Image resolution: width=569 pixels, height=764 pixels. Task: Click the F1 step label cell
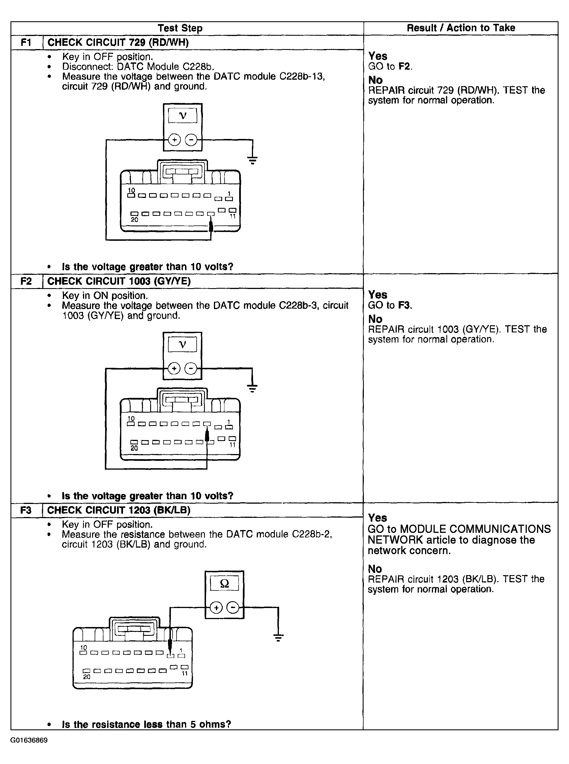(x=26, y=42)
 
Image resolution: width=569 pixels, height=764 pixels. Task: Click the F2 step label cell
(x=26, y=281)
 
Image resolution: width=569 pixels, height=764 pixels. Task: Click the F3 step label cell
(x=26, y=510)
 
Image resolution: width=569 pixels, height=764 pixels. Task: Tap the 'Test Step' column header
(x=180, y=28)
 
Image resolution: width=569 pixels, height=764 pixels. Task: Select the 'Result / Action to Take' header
(x=461, y=28)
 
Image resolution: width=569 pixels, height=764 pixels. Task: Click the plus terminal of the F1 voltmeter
(x=175, y=140)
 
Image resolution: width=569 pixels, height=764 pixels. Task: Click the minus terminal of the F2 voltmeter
(x=191, y=368)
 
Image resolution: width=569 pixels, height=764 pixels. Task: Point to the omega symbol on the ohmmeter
(x=224, y=583)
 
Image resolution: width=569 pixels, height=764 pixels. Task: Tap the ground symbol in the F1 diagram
(x=252, y=160)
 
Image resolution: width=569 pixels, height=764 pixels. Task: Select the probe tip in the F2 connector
(x=207, y=435)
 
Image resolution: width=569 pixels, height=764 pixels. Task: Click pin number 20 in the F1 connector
(x=134, y=220)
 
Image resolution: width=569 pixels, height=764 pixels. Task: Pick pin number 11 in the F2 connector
(x=232, y=445)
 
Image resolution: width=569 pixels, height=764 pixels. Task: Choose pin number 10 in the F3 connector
(x=83, y=648)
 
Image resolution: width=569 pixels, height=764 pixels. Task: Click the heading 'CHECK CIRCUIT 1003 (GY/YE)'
(x=119, y=281)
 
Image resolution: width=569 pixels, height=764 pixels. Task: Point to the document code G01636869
(x=29, y=740)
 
